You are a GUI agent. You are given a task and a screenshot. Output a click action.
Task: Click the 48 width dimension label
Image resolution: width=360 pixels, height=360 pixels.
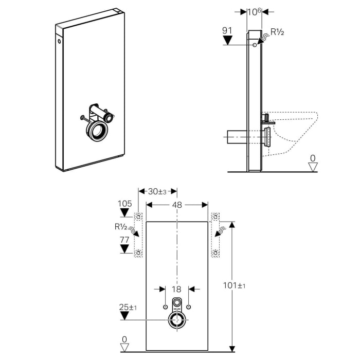click(177, 204)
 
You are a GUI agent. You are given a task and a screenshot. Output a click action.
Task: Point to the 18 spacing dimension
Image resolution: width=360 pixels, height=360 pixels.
click(177, 290)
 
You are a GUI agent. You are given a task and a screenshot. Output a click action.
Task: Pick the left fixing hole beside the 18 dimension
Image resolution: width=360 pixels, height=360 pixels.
click(165, 307)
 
